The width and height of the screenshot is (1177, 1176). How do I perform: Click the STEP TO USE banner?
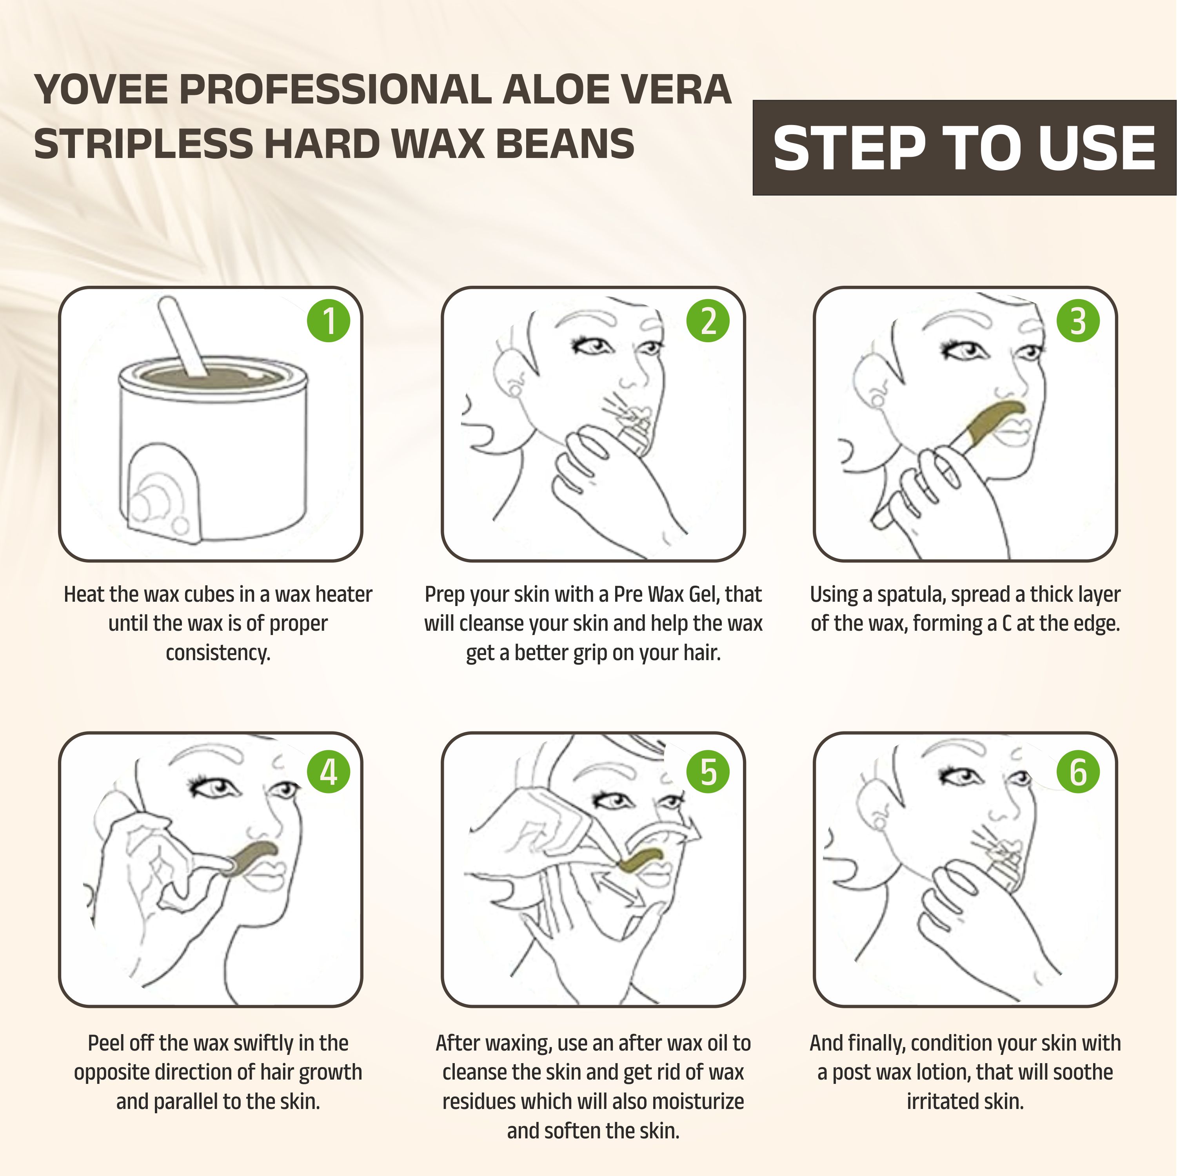(x=964, y=148)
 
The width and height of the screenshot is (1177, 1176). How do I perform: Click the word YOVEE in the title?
(x=101, y=89)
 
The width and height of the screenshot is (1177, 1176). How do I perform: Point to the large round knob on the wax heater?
(x=148, y=501)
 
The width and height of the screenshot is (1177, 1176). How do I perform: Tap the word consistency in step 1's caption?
(x=218, y=653)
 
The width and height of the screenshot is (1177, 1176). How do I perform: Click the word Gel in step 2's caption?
(x=703, y=594)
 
